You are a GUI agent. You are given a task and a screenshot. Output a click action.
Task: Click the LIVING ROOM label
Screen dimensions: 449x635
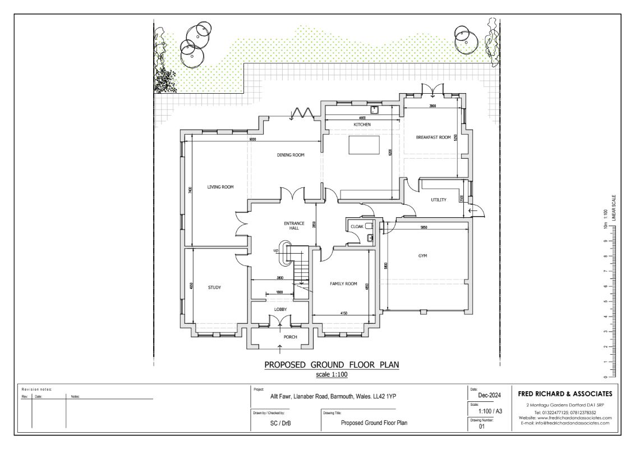(220, 187)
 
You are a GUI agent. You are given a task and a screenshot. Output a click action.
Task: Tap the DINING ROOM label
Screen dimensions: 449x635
(290, 155)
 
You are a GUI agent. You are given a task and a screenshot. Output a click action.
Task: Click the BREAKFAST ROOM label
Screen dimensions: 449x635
(433, 137)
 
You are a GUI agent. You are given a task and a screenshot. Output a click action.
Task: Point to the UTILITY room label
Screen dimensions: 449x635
(438, 200)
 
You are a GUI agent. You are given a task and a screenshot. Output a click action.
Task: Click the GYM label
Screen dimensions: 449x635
(422, 256)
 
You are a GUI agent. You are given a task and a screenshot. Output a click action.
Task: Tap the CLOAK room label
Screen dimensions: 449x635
(357, 226)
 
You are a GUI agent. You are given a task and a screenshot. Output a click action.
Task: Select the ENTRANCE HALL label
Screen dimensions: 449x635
(294, 226)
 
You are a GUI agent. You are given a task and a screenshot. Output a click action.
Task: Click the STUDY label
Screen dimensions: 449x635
(214, 287)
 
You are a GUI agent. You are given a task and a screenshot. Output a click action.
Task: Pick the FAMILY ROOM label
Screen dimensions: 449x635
(343, 284)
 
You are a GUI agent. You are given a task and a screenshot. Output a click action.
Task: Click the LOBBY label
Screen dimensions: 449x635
(280, 309)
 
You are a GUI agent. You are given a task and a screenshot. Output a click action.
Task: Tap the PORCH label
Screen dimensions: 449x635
(290, 337)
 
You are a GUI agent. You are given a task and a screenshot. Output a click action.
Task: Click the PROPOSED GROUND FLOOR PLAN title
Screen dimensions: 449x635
(332, 365)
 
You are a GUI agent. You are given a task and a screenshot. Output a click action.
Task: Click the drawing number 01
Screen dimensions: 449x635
(481, 427)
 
